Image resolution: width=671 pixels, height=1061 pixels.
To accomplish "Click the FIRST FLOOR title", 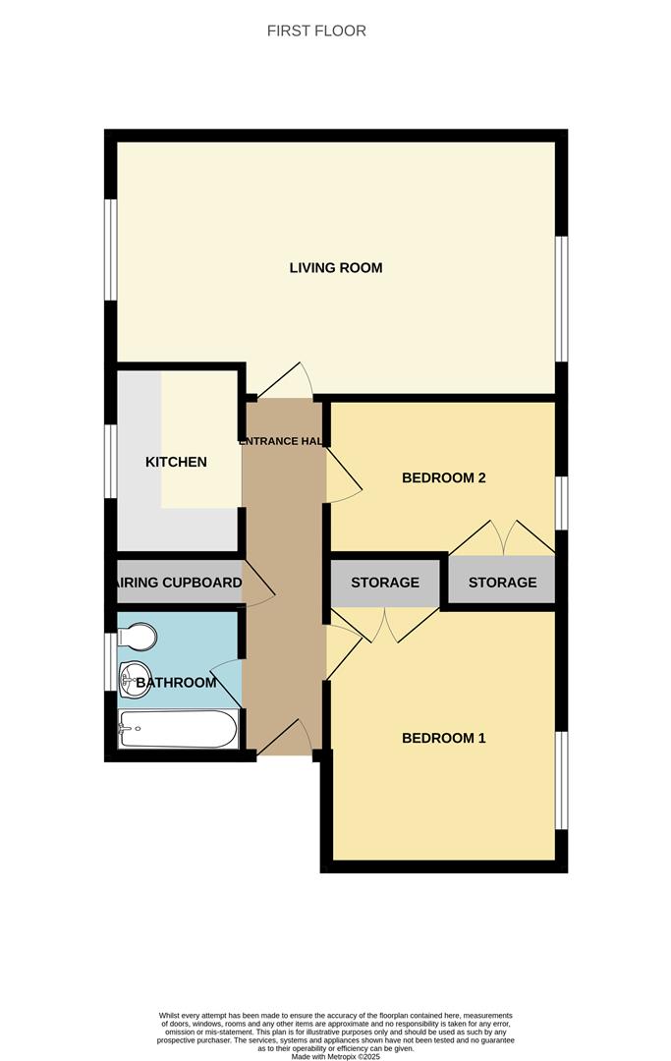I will click(x=316, y=30).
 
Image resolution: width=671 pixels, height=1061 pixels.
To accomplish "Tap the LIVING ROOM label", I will click(x=335, y=267).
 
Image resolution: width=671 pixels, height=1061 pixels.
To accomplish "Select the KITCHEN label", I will click(x=176, y=462).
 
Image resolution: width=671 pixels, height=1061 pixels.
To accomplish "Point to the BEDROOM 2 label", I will click(x=444, y=478).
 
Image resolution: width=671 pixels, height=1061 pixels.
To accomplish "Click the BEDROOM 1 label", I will click(x=444, y=738).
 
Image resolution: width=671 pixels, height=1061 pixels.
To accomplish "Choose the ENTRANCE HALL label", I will click(x=283, y=441).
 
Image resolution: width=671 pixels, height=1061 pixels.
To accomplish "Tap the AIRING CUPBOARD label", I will click(x=179, y=583).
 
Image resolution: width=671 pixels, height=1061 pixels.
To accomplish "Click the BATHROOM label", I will click(x=176, y=683).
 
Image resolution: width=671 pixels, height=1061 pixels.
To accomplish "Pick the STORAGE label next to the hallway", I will click(x=385, y=583).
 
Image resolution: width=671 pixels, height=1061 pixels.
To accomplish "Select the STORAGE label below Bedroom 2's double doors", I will click(x=502, y=583).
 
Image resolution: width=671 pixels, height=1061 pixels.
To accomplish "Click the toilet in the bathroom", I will click(x=137, y=637).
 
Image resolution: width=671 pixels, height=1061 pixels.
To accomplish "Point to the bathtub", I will click(x=177, y=730).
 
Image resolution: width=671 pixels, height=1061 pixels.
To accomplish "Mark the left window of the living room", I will click(x=111, y=250).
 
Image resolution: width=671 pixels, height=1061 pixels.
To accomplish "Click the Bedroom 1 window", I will click(x=561, y=781).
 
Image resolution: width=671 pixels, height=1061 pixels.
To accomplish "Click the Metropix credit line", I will click(x=335, y=1055).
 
